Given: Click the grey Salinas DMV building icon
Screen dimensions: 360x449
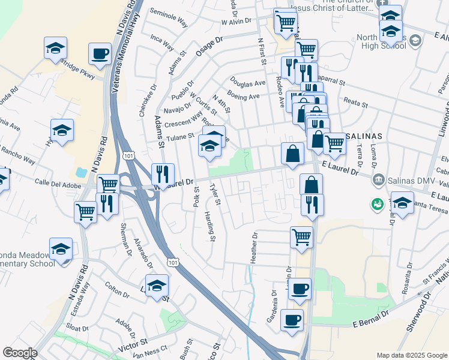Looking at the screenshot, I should tap(378, 179).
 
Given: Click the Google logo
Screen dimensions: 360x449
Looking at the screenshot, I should tap(20, 353).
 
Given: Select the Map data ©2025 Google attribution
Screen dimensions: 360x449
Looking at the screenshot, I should tap(411, 355).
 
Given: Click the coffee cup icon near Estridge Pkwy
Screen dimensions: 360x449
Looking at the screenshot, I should tap(100, 53).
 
